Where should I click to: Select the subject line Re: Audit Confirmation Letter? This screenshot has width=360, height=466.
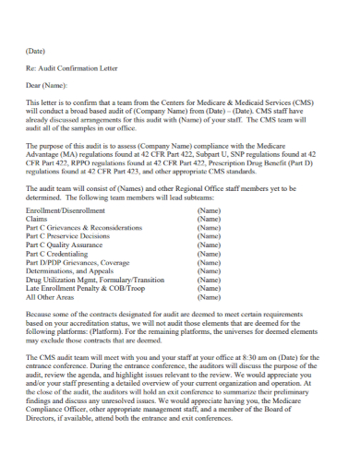72,69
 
